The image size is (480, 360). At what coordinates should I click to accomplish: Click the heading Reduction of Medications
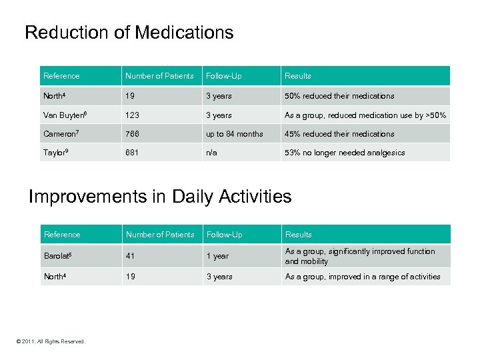tap(129, 33)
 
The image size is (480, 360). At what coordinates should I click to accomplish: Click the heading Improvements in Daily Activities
tap(160, 197)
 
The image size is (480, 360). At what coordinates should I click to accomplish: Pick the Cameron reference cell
tap(61, 134)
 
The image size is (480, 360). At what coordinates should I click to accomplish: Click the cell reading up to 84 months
tap(234, 134)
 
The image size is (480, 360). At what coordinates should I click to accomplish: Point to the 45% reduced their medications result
tap(339, 134)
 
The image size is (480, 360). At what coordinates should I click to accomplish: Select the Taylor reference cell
tap(57, 153)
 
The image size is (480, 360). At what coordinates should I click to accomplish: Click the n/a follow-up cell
tap(211, 153)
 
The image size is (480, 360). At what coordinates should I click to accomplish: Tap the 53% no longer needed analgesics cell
tap(345, 153)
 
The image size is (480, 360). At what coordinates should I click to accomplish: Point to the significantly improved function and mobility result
tap(360, 257)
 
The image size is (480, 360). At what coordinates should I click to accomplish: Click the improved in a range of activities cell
tap(363, 277)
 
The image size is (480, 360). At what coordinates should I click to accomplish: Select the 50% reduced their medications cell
tap(339, 96)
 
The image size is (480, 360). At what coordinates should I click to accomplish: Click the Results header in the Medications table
tap(298, 76)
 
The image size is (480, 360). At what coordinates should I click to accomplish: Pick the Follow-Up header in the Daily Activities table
tap(225, 235)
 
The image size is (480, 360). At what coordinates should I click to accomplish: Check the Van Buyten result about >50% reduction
tap(365, 115)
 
